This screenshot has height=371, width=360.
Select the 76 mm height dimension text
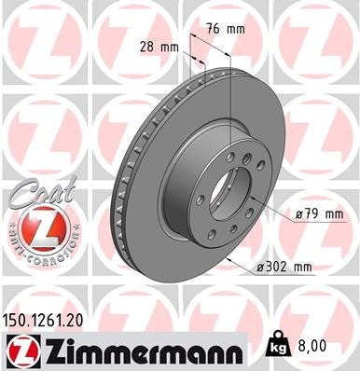pyautogui.click(x=228, y=29)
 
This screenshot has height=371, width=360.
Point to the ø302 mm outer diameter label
pyautogui.click(x=284, y=268)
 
